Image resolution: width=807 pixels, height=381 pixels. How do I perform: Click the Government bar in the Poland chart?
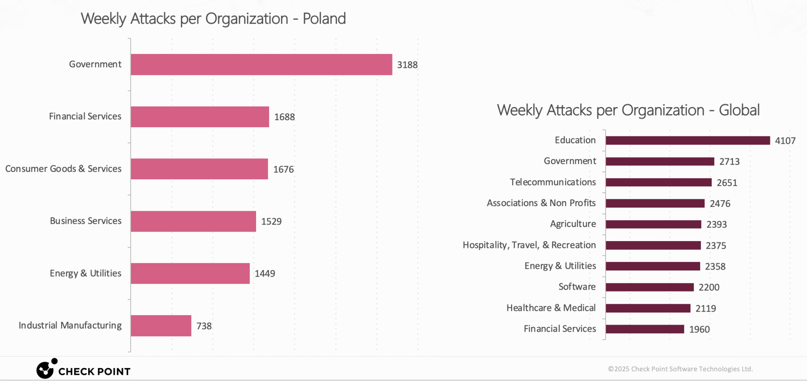click(x=261, y=65)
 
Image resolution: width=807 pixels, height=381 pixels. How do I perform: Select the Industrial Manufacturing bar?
click(x=161, y=325)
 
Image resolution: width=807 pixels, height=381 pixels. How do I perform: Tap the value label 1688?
click(x=284, y=117)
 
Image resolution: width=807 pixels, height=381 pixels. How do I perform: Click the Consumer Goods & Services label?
click(x=63, y=169)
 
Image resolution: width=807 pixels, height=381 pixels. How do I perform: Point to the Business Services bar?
click(x=193, y=221)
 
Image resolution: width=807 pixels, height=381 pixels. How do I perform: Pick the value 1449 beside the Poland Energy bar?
click(x=265, y=273)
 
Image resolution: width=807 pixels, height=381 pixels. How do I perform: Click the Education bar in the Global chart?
click(x=688, y=141)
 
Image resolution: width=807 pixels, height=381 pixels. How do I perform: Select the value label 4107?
click(x=785, y=141)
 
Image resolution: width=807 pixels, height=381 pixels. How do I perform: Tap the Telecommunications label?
click(x=552, y=182)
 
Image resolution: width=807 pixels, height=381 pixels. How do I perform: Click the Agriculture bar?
click(x=653, y=224)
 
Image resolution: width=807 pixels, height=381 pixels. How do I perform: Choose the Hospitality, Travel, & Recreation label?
click(x=529, y=245)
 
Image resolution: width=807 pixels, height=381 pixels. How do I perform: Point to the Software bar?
click(x=649, y=287)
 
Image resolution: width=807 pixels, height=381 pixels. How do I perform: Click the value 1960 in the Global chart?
click(x=699, y=329)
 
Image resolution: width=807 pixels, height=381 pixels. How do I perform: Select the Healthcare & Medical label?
click(x=551, y=308)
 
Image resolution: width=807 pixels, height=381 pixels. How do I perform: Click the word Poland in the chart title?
click(x=324, y=19)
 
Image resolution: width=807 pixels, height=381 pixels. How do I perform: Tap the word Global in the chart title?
click(x=739, y=110)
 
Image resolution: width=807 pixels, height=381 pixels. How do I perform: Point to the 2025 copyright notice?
click(x=680, y=369)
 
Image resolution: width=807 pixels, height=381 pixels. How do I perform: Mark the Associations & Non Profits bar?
click(x=655, y=203)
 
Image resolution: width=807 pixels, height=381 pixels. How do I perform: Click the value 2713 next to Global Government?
click(x=729, y=162)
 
